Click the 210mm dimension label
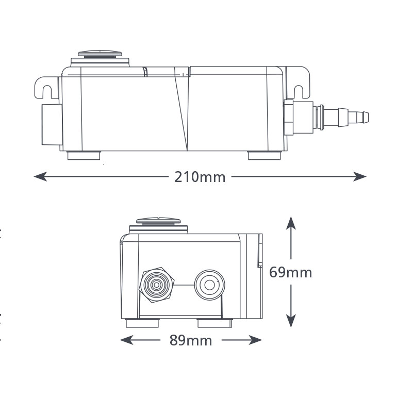point(200,177)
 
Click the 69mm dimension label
point(291,272)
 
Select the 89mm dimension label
point(191,340)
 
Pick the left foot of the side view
point(84,155)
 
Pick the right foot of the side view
point(264,155)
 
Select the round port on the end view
point(209,284)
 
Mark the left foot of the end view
point(143,323)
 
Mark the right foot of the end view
point(215,323)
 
